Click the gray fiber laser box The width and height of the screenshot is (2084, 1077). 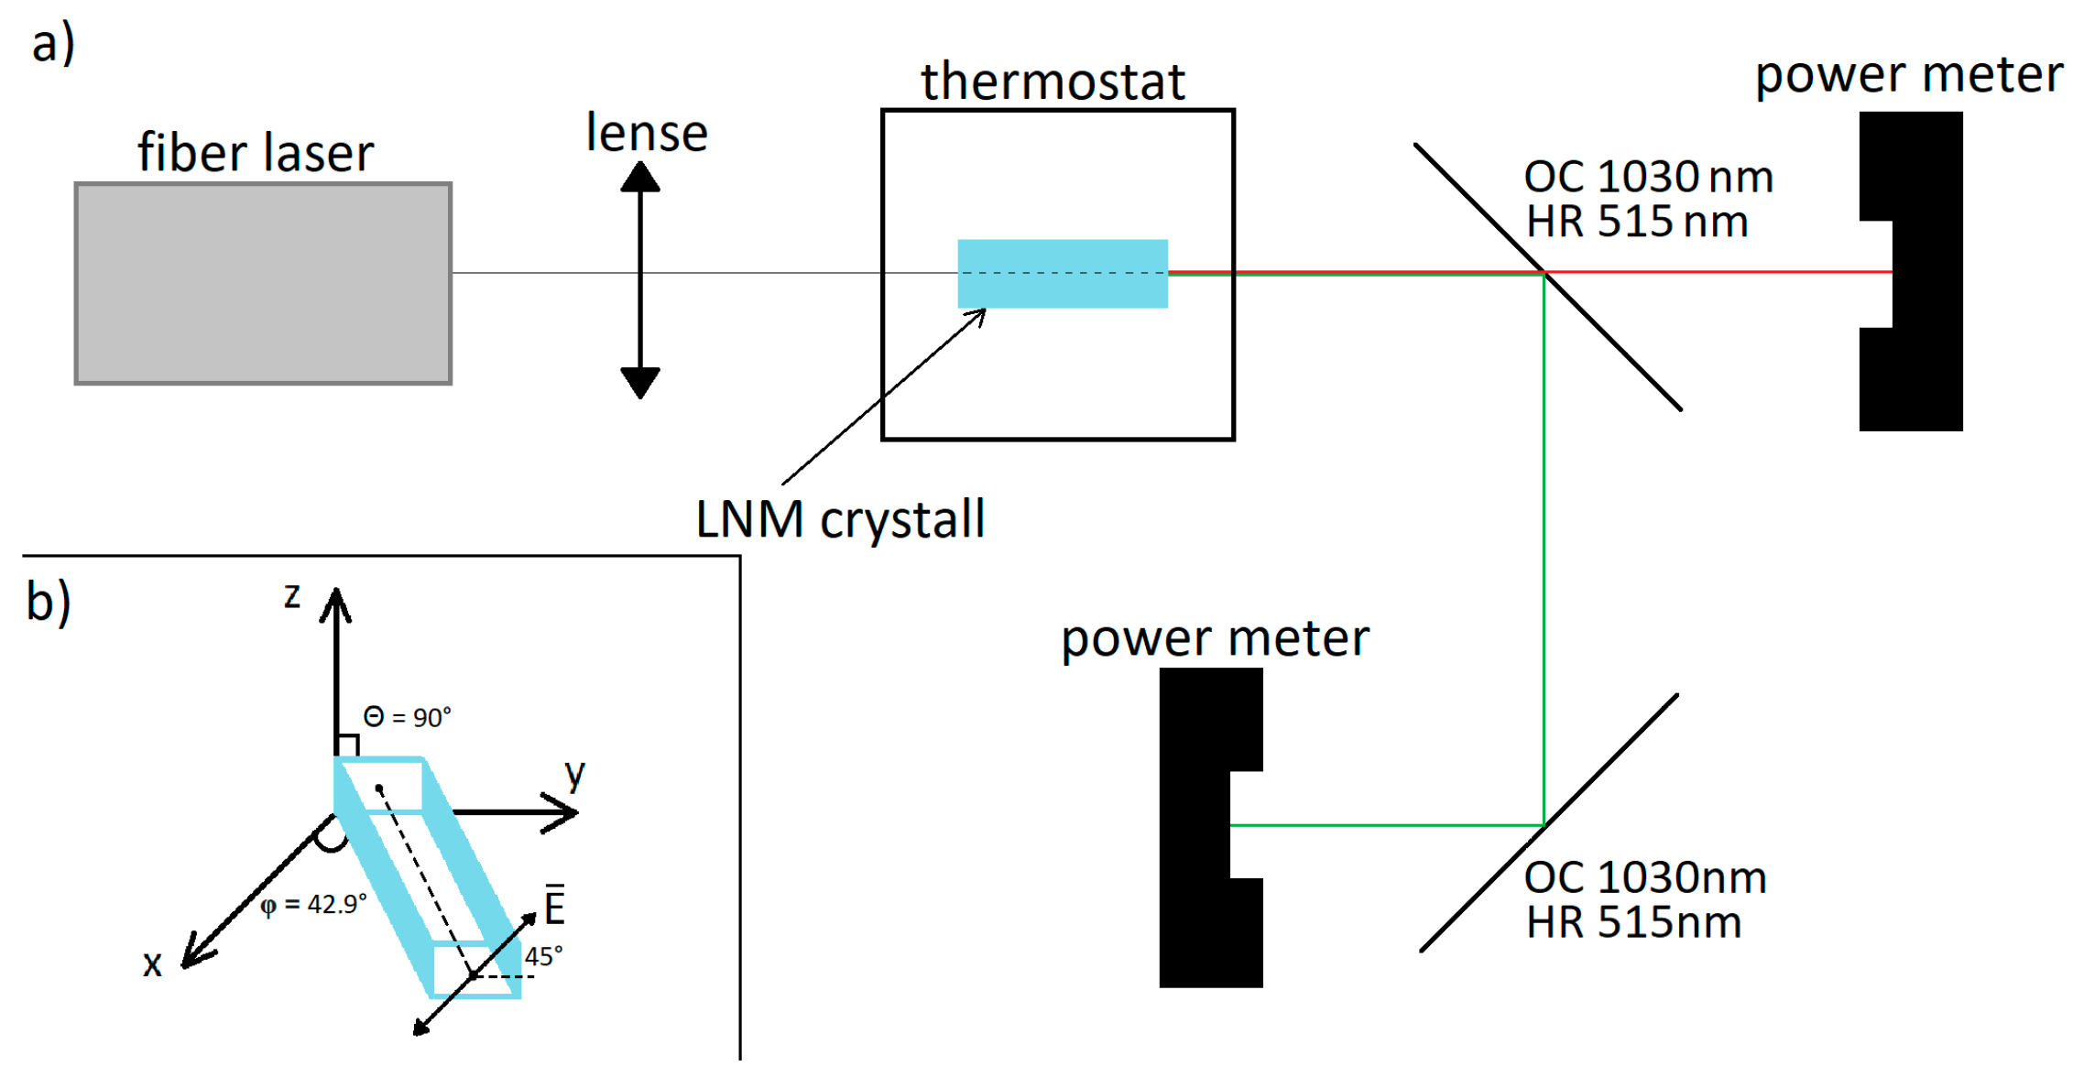click(263, 284)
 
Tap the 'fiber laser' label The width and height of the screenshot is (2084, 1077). click(256, 152)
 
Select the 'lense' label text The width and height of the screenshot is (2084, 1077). click(647, 134)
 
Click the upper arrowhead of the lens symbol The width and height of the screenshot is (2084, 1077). click(640, 177)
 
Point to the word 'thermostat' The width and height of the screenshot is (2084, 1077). click(1053, 82)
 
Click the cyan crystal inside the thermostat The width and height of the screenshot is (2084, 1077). click(1063, 274)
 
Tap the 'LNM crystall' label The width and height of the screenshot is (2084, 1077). click(840, 519)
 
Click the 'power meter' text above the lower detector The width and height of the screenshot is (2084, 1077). click(1215, 638)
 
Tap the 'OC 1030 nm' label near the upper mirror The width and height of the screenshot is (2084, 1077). click(1648, 177)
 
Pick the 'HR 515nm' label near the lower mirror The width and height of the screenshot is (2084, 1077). click(1633, 922)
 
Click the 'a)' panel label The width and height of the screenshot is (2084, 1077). click(53, 43)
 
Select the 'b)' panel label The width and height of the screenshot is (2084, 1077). click(49, 603)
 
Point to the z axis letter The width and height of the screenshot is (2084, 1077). click(292, 596)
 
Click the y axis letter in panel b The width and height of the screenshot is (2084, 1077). click(574, 775)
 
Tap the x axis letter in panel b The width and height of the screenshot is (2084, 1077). click(152, 963)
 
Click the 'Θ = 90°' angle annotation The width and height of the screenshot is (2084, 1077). click(408, 717)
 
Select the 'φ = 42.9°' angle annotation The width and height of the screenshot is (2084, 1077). click(313, 905)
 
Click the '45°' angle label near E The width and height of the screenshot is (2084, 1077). click(543, 957)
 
